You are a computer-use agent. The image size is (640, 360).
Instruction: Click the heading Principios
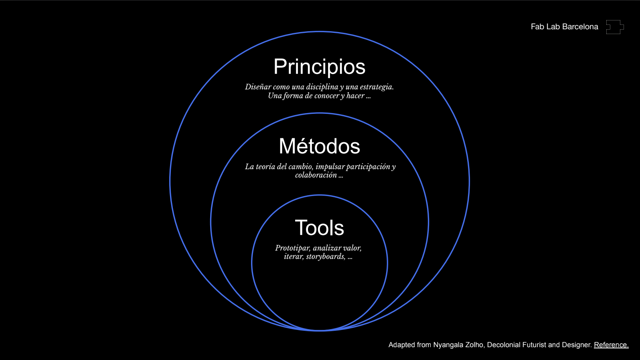[319, 67]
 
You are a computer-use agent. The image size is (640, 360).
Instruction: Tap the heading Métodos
[319, 146]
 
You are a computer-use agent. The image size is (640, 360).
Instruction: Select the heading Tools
[319, 228]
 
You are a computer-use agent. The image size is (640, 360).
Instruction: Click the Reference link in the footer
[611, 345]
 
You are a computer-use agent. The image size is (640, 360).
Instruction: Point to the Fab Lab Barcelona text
[564, 27]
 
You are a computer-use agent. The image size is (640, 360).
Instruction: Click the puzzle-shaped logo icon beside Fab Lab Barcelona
[615, 27]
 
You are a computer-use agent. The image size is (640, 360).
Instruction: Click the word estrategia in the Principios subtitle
[377, 87]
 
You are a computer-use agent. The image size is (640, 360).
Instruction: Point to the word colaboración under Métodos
[316, 175]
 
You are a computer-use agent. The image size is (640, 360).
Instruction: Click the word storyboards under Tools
[326, 257]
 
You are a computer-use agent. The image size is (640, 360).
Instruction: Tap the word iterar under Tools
[294, 257]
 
